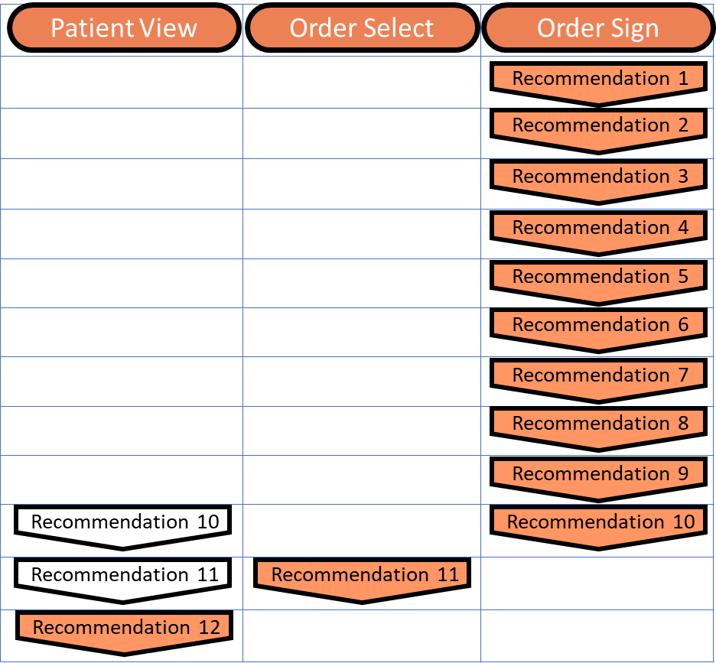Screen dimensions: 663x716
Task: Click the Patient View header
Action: pos(124,28)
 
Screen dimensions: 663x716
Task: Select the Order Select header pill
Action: pos(362,28)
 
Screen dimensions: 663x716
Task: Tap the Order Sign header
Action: pos(597,28)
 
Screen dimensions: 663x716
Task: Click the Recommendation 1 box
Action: pos(598,80)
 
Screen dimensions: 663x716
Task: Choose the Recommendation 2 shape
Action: pos(598,126)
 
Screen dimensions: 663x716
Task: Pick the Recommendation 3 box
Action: pos(598,177)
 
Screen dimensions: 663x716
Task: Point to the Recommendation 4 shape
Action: pos(598,229)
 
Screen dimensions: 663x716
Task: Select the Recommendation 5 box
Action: pos(598,278)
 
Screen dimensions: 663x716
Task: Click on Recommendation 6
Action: pos(598,326)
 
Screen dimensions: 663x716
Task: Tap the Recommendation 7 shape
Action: pos(598,376)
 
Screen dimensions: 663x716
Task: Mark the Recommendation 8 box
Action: pos(598,424)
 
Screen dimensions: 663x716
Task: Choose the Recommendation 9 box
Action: pos(598,475)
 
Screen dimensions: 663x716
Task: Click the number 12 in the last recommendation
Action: pos(209,628)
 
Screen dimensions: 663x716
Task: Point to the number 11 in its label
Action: pos(447,574)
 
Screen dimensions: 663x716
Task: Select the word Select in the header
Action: pos(399,28)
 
